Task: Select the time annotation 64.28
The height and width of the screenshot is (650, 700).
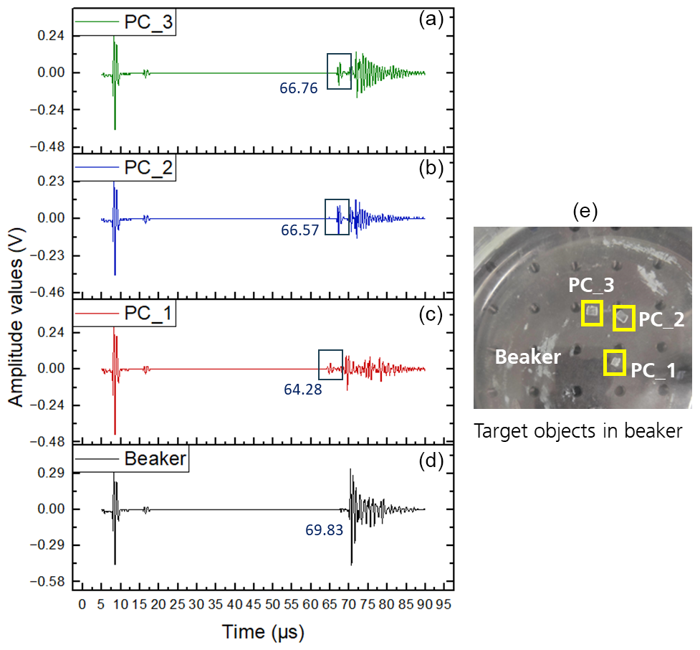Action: [x=303, y=390]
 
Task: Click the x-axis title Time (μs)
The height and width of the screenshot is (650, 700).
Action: [x=263, y=632]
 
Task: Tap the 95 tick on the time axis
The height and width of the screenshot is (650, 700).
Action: [x=444, y=606]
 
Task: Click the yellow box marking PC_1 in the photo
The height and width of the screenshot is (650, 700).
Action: [x=615, y=362]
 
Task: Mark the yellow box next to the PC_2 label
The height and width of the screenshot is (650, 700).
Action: [x=624, y=318]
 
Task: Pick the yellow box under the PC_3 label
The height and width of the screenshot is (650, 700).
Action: [x=592, y=312]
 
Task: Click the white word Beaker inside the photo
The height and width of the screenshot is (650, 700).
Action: [x=528, y=357]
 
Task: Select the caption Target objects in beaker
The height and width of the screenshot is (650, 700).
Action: [x=577, y=432]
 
